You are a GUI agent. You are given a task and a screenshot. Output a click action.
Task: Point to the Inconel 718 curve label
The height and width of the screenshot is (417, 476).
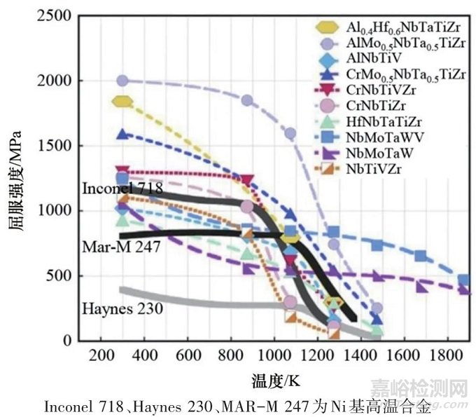[122, 189]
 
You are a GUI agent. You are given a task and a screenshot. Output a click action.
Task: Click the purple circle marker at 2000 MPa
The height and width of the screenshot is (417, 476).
[123, 81]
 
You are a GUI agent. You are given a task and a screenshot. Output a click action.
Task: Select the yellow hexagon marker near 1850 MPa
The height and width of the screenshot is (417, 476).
[122, 102]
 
